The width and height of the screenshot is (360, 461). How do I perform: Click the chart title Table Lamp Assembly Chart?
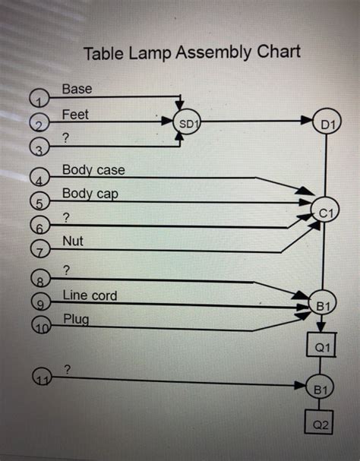[x=191, y=52]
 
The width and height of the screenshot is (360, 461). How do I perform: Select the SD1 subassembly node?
[x=186, y=122]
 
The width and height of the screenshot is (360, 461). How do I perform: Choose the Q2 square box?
[x=320, y=425]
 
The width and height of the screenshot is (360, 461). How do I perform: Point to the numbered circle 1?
[x=39, y=98]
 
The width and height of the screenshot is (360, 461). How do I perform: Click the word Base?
[x=77, y=89]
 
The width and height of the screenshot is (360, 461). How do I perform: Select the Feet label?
[x=75, y=115]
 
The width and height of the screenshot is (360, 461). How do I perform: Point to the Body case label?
[x=93, y=169]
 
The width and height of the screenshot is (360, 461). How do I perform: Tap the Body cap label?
[x=90, y=194]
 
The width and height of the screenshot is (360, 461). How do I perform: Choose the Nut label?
[x=73, y=242]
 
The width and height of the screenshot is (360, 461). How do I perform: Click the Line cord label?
[x=90, y=295]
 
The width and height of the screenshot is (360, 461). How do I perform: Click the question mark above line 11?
[x=68, y=368]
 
